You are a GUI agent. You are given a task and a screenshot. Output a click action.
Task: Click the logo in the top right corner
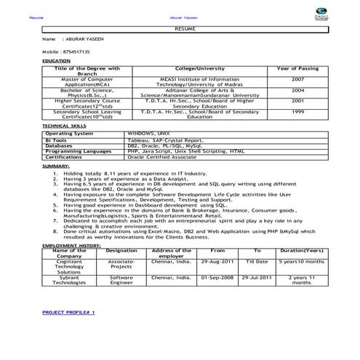[x=340, y=14]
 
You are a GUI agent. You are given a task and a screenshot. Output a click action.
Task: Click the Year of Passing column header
[x=298, y=68]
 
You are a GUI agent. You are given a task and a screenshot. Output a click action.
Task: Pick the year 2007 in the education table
[x=298, y=78]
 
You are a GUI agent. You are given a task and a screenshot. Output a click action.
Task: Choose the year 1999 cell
[x=298, y=111]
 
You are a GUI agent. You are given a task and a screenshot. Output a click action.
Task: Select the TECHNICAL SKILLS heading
[x=63, y=126]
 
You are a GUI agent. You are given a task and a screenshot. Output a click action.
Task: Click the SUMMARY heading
[x=57, y=167]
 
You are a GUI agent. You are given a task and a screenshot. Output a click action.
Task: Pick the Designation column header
[x=121, y=250]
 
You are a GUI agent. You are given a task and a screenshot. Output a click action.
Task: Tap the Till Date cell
[x=257, y=260]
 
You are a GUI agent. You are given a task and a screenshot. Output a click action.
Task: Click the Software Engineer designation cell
[x=121, y=280]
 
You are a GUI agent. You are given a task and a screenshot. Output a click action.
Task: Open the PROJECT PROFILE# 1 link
[x=68, y=311]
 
